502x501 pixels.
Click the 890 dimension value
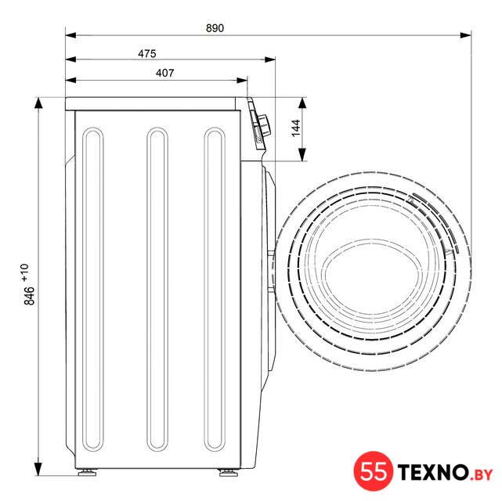click(x=215, y=28)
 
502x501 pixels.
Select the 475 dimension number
click(x=147, y=53)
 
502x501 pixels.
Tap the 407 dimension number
click(x=165, y=73)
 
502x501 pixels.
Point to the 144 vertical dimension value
click(x=296, y=128)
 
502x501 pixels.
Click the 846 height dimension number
click(x=30, y=296)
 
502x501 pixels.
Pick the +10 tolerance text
click(x=24, y=272)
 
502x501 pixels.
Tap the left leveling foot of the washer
click(x=87, y=472)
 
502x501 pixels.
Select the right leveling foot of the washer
click(x=228, y=472)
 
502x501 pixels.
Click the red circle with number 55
click(x=374, y=471)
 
